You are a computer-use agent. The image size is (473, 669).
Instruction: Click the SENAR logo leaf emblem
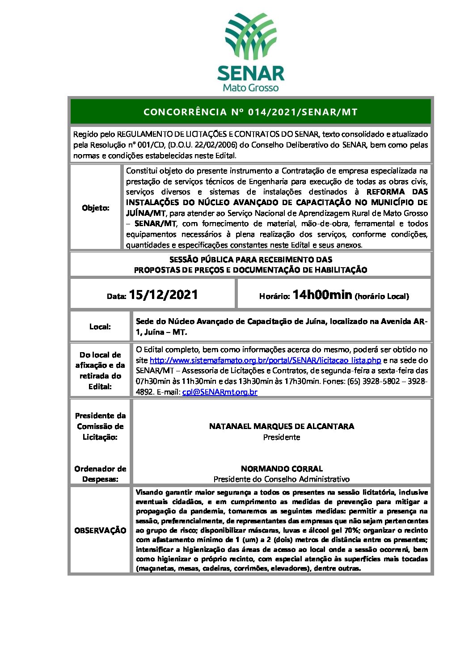(250, 36)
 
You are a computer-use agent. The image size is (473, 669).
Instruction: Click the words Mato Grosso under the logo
(250, 88)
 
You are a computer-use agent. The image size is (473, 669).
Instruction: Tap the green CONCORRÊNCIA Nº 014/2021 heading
(250, 112)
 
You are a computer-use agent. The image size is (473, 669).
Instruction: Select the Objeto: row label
(96, 208)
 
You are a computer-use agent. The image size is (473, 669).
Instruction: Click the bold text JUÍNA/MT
(146, 213)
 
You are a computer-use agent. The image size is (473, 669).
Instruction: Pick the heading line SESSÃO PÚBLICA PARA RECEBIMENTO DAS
(250, 259)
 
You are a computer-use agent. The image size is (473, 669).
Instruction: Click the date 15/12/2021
(163, 295)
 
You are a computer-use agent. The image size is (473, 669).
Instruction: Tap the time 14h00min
(322, 295)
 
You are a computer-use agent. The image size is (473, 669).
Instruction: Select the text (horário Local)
(381, 296)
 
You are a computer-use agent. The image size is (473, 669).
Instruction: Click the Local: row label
(100, 327)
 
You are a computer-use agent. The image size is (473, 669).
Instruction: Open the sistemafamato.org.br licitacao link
(265, 360)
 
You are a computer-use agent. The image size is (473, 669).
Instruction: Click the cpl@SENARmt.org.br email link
(220, 392)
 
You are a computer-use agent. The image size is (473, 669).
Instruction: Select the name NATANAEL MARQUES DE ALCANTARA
(281, 426)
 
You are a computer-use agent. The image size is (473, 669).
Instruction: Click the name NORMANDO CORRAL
(281, 469)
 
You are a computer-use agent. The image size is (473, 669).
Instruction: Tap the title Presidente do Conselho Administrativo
(281, 479)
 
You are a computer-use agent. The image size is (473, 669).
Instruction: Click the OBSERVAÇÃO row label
(100, 530)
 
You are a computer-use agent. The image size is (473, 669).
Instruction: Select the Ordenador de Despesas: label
(100, 474)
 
